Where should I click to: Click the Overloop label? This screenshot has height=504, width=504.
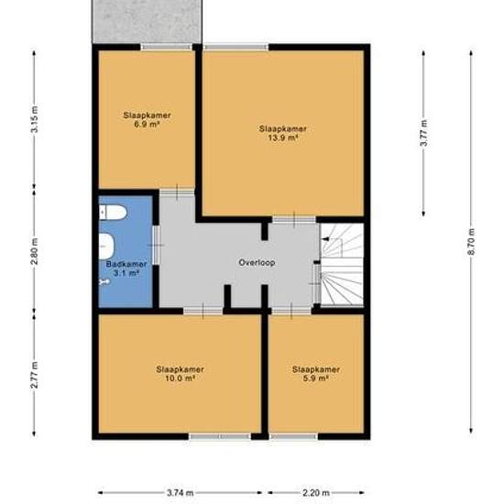pyautogui.click(x=257, y=262)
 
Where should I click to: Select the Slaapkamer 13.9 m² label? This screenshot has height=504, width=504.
pyautogui.click(x=281, y=134)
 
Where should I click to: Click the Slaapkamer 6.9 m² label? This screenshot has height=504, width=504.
pyautogui.click(x=147, y=119)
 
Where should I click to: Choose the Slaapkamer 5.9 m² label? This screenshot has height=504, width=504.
pyautogui.click(x=316, y=374)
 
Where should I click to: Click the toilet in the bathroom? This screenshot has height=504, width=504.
pyautogui.click(x=113, y=214)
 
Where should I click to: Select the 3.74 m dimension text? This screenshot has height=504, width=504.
pyautogui.click(x=180, y=493)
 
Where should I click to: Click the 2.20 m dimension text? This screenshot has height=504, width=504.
pyautogui.click(x=316, y=493)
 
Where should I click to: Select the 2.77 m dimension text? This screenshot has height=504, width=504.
pyautogui.click(x=34, y=376)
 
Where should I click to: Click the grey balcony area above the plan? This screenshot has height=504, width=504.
pyautogui.click(x=147, y=21)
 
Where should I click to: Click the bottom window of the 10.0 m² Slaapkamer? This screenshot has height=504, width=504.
pyautogui.click(x=220, y=436)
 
